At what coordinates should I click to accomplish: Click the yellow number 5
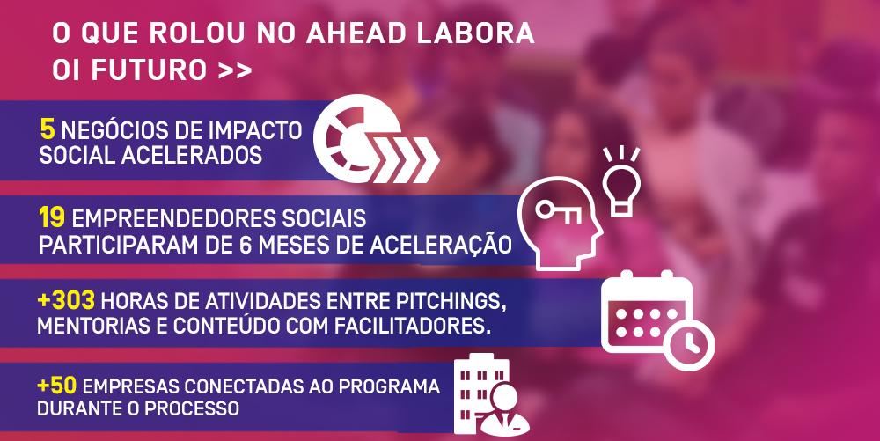tap(48, 129)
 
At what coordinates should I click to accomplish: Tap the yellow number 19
tap(52, 217)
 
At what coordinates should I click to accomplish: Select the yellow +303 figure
tap(66, 301)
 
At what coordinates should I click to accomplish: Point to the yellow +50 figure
tap(56, 386)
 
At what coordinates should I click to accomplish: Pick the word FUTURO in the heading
tap(150, 70)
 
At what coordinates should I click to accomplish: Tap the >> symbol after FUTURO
tap(235, 71)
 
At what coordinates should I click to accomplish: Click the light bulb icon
tap(621, 182)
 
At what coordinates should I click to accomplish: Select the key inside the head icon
tap(559, 211)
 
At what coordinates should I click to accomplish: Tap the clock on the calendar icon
tap(688, 344)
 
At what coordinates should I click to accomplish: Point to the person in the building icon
tap(503, 410)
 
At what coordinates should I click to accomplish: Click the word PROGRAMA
tap(389, 386)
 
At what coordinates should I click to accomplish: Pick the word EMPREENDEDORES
tap(174, 218)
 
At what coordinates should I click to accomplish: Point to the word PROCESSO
tap(192, 408)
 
